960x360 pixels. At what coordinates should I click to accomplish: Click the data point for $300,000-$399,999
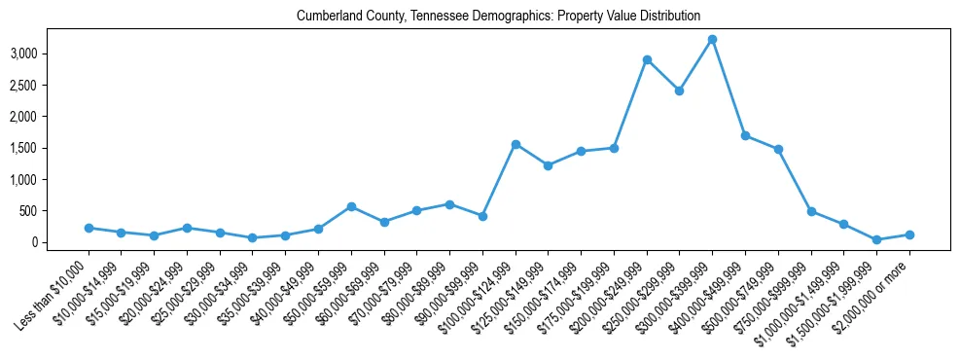point(712,39)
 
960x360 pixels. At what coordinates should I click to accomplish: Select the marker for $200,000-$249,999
point(647,59)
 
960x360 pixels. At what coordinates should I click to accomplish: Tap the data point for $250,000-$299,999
point(679,90)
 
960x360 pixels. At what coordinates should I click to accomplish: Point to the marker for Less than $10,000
point(89,228)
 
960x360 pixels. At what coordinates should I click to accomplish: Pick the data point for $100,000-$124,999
point(516,144)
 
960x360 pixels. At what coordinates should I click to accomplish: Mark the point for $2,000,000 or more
point(909,234)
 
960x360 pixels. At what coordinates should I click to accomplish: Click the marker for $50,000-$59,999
point(351,206)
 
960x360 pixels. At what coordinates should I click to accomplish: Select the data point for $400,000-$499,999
point(745,135)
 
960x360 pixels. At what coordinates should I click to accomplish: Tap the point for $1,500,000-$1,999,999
point(876,239)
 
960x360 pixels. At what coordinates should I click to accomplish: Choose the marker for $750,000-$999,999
point(811,211)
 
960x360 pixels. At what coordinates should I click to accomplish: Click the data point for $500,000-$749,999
point(778,149)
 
